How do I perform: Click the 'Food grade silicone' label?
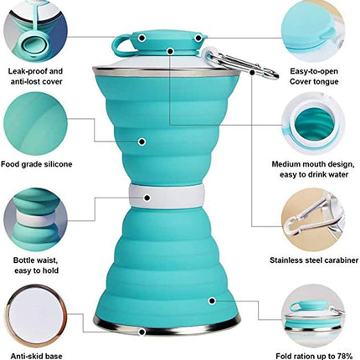[36, 164]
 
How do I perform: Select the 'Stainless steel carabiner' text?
[314, 260]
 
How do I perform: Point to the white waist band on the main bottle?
[167, 196]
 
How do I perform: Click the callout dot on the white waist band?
[147, 198]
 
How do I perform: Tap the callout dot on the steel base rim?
[142, 332]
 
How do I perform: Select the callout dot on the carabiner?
[252, 72]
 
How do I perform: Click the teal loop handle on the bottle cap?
[121, 46]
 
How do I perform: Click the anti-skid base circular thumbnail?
[36, 316]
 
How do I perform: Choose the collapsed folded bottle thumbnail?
[313, 316]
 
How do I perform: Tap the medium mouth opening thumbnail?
[313, 124]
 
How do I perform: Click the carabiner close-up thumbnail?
[313, 220]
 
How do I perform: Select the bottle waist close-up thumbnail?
[36, 219]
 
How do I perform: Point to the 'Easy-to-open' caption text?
[314, 71]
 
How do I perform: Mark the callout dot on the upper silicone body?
[142, 141]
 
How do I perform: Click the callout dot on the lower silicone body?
[212, 301]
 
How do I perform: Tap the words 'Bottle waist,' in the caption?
[36, 260]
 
